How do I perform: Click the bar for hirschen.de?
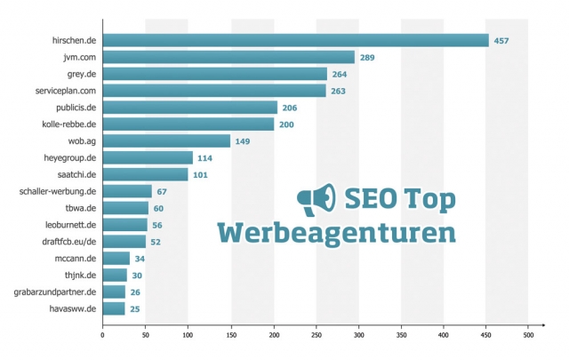pyautogui.click(x=295, y=40)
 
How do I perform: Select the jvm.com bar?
pyautogui.click(x=228, y=57)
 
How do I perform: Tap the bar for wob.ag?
pyautogui.click(x=166, y=140)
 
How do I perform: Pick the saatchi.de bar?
pyautogui.click(x=145, y=174)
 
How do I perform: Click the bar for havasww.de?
pyautogui.click(x=114, y=308)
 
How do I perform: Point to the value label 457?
pyautogui.click(x=501, y=41)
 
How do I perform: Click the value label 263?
pyautogui.click(x=340, y=91)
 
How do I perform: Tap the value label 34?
pyautogui.click(x=140, y=259)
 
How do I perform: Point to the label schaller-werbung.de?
pyautogui.click(x=58, y=191)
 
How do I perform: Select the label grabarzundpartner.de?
pyautogui.click(x=55, y=292)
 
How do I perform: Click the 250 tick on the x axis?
pyautogui.click(x=316, y=335)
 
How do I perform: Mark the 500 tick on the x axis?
pyautogui.click(x=528, y=335)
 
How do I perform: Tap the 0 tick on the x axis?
pyautogui.click(x=102, y=335)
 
